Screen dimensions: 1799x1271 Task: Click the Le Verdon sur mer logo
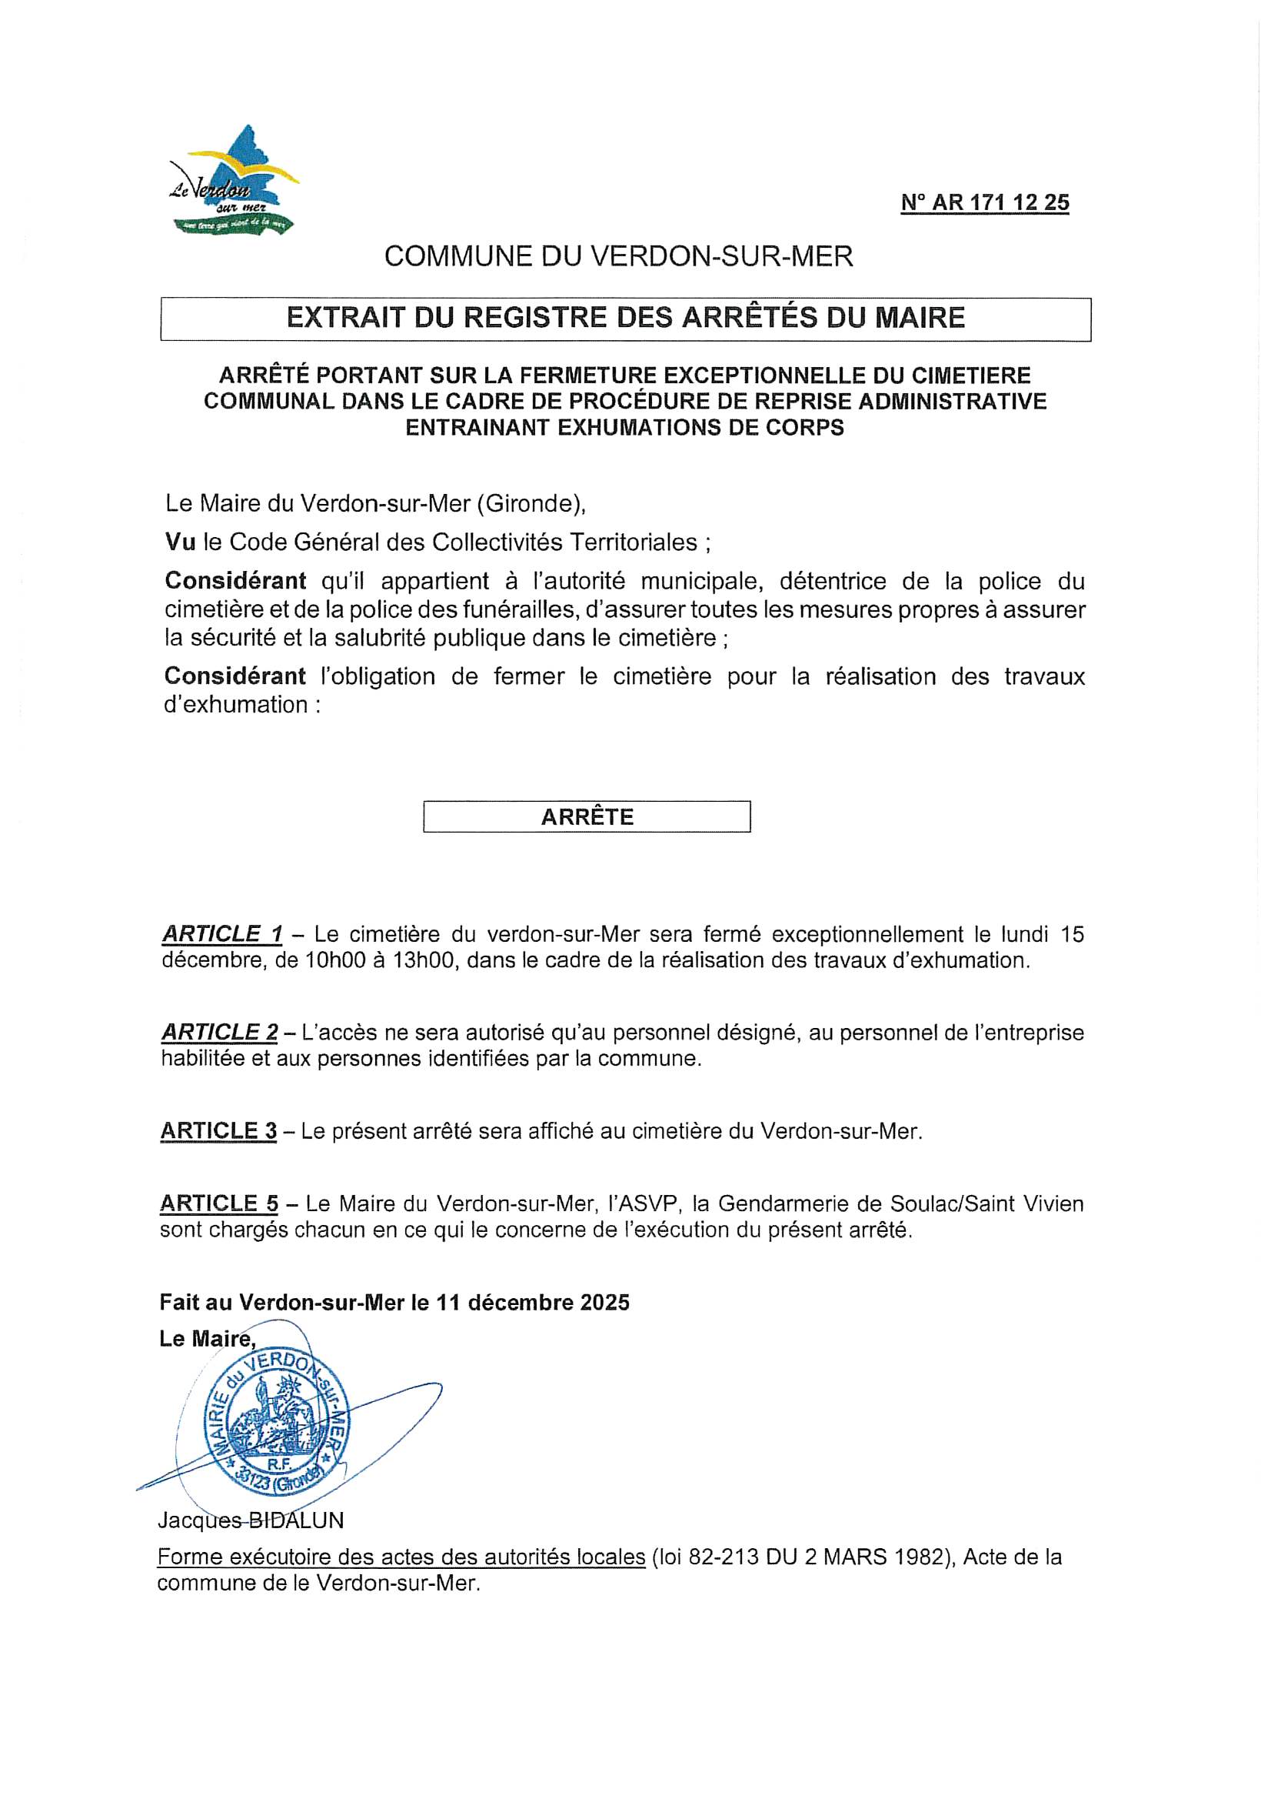234,182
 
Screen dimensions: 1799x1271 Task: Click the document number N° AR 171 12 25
984,203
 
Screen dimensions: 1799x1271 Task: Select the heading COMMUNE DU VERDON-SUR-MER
618,257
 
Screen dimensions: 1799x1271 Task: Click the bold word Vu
179,542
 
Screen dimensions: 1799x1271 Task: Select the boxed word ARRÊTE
587,817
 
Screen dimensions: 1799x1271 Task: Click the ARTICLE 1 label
221,934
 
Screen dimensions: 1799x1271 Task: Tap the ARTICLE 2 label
219,1033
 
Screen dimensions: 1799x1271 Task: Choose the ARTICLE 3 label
218,1131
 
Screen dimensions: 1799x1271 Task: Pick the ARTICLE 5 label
218,1203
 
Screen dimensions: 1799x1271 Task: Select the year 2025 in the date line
604,1302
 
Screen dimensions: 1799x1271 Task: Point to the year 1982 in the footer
914,1557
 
